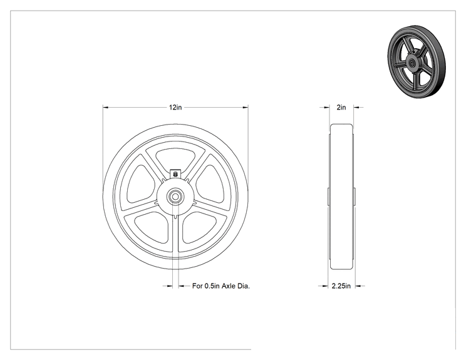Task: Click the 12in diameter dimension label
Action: click(175, 107)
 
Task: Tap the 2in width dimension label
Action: click(341, 107)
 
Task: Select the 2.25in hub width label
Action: click(341, 285)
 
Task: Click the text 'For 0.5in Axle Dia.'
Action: click(221, 285)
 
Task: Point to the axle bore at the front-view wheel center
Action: click(175, 197)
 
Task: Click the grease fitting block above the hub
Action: click(175, 173)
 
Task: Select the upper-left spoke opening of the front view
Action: click(140, 184)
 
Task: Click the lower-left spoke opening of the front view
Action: click(152, 227)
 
